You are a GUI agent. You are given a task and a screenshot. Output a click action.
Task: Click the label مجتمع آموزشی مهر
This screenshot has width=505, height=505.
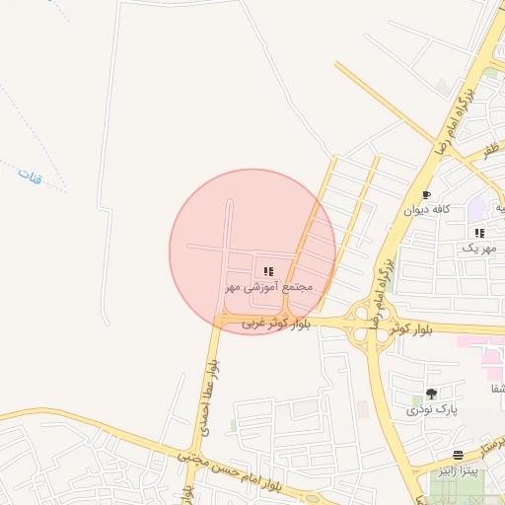tap(268, 287)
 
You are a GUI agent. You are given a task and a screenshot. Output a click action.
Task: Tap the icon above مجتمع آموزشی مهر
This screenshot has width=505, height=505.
tap(268, 270)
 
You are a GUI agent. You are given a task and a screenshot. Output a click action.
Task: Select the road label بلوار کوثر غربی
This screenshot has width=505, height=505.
tap(276, 322)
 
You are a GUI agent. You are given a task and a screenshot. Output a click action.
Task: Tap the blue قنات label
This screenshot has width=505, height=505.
tap(29, 179)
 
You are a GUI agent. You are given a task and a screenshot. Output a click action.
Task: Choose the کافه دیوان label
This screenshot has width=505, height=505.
tap(427, 210)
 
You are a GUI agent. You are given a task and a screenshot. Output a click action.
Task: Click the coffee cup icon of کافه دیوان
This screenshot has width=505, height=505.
tap(427, 195)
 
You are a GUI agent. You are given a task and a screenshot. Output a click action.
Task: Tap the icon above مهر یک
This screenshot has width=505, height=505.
tap(479, 233)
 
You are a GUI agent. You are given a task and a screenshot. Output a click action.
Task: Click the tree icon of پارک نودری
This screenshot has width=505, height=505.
tap(431, 394)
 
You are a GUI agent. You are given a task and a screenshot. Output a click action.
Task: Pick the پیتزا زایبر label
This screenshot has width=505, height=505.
tap(459, 472)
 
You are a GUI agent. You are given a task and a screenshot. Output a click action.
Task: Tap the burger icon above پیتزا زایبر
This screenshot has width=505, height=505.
tap(459, 456)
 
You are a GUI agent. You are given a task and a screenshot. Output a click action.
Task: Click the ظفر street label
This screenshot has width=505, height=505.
tap(490, 150)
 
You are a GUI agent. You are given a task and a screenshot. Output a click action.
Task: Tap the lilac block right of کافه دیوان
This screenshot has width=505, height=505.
tap(477, 209)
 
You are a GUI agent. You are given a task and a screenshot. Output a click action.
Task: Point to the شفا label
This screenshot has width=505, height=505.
tap(497, 389)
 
